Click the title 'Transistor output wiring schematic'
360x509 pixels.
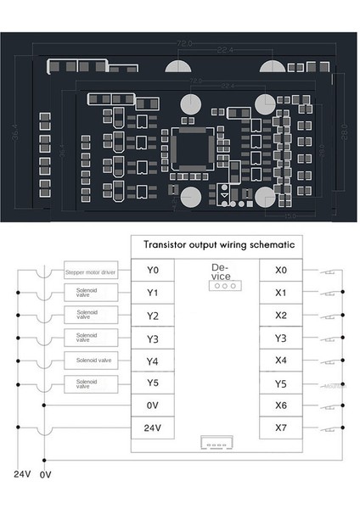pos(219,244)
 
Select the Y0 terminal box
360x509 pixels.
pos(154,271)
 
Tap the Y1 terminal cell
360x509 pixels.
pos(154,293)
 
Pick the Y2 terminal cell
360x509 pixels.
pos(154,316)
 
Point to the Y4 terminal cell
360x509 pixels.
pos(154,361)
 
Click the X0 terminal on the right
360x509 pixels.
pos(282,271)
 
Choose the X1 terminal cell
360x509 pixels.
pos(282,293)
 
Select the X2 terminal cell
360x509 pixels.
pos(282,316)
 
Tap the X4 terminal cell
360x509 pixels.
pos(282,361)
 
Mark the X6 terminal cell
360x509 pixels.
pos(282,406)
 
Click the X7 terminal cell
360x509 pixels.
pos(282,428)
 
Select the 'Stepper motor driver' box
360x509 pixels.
pos(89,272)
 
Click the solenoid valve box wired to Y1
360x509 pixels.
pos(89,294)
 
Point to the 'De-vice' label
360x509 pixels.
pos(219,271)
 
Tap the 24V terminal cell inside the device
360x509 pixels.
pos(154,428)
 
